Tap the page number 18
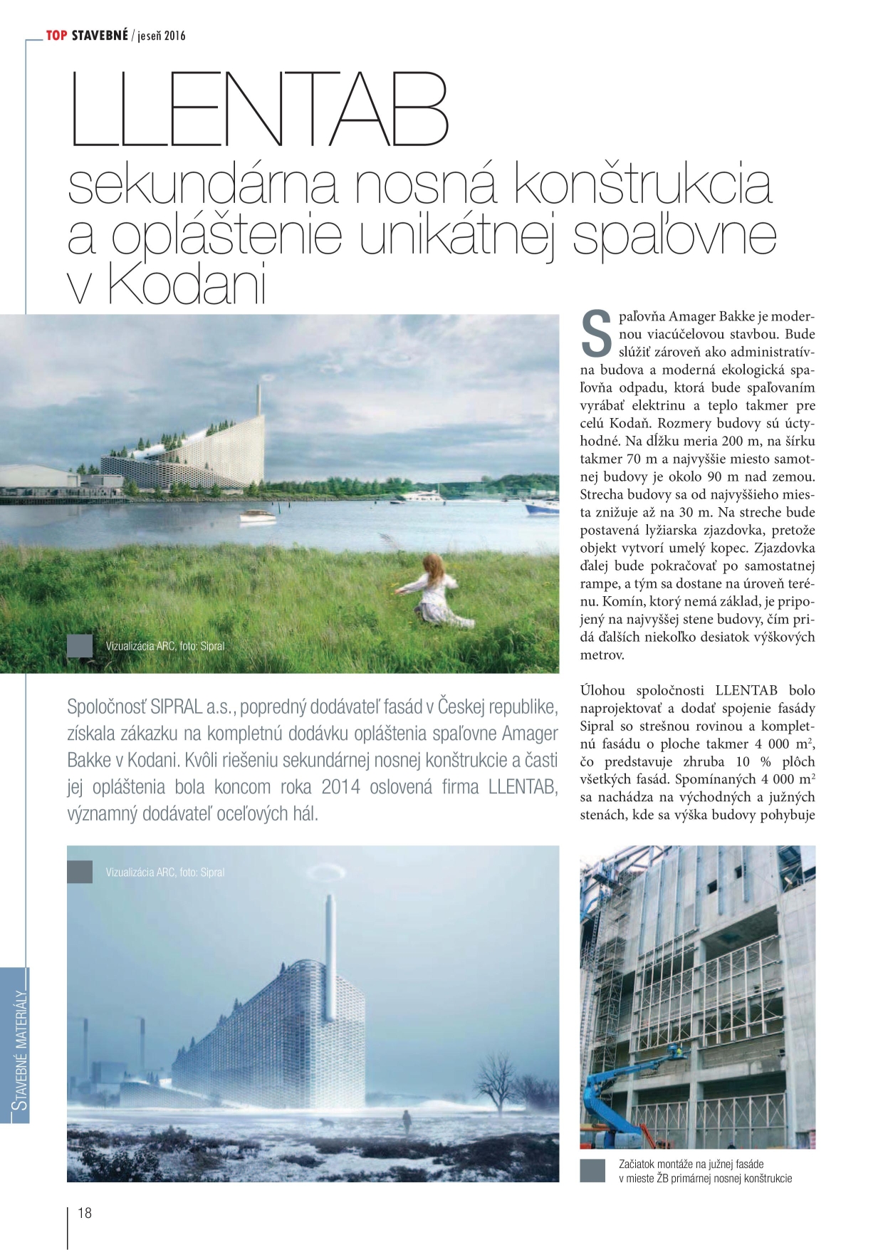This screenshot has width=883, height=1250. coord(85,1213)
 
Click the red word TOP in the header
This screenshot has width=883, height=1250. coord(57,35)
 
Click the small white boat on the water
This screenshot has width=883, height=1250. coord(257,516)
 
